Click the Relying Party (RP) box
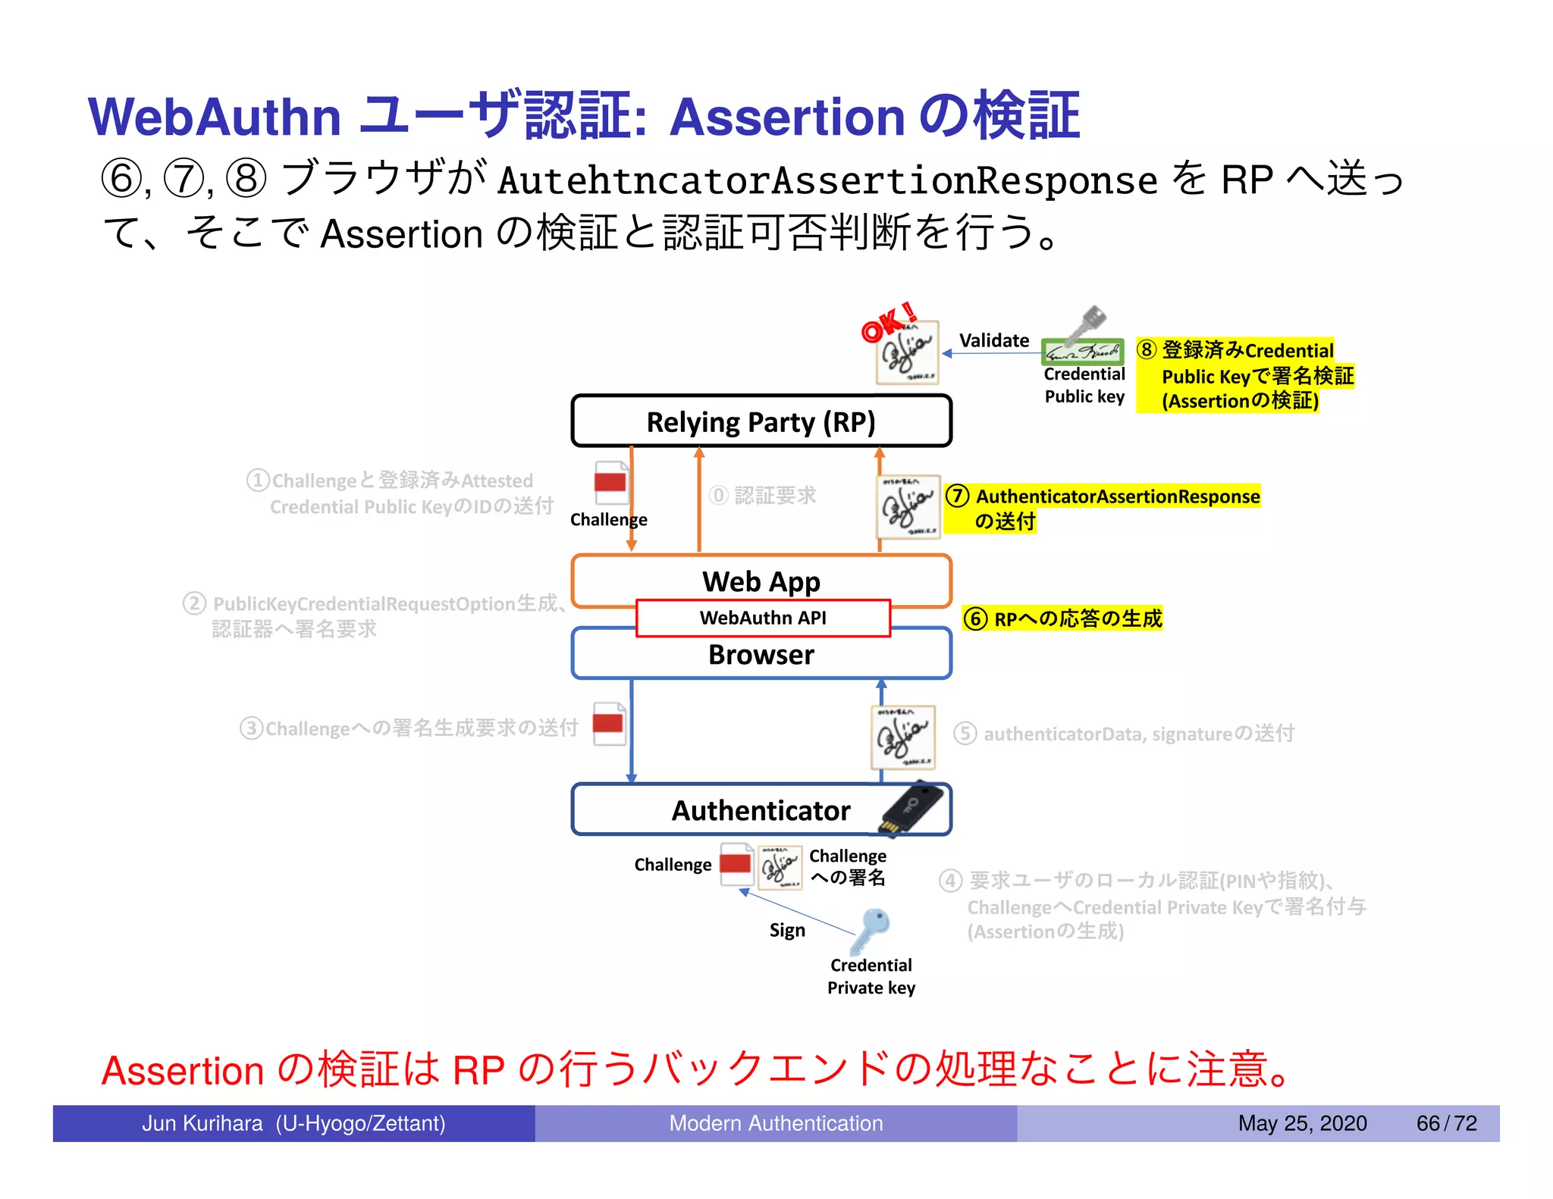[x=761, y=421]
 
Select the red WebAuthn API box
[x=763, y=618]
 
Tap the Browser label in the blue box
[x=761, y=654]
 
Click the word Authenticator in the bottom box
[x=761, y=810]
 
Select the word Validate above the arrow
[x=993, y=340]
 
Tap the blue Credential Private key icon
[x=870, y=931]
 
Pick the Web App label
[x=761, y=581]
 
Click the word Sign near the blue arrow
[x=786, y=930]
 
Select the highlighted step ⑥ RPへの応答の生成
[x=1062, y=618]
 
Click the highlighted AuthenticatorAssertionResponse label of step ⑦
[x=1117, y=496]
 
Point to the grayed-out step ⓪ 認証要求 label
[x=763, y=495]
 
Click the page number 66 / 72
[x=1446, y=1123]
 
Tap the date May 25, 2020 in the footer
[x=1302, y=1123]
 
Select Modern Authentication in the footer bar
[x=776, y=1123]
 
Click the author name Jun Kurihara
[x=202, y=1123]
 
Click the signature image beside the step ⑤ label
[x=902, y=736]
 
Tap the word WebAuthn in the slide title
[x=215, y=117]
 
